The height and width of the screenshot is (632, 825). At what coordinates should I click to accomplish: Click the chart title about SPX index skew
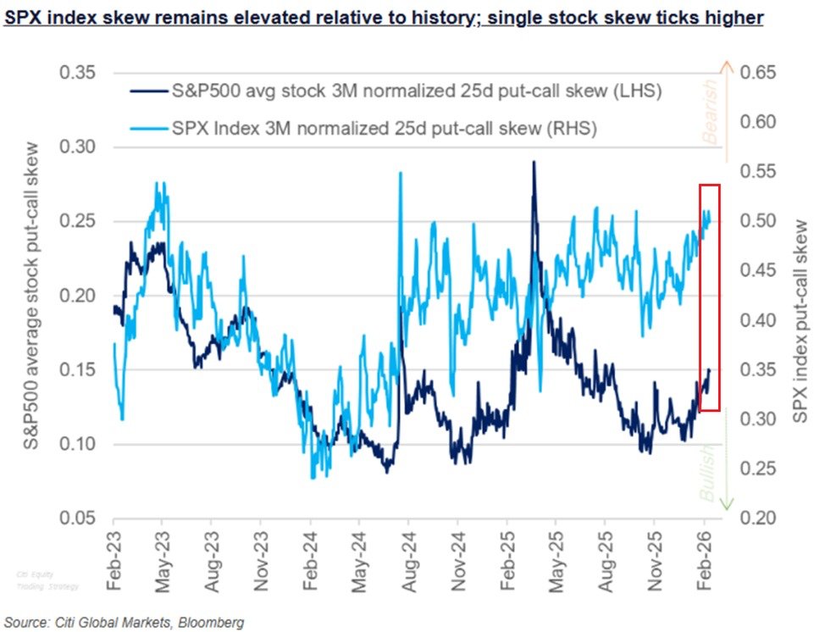[x=384, y=17]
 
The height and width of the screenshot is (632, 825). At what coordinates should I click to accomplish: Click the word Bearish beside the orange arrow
[x=709, y=109]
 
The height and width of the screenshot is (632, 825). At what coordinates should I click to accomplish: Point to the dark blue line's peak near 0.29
[x=534, y=162]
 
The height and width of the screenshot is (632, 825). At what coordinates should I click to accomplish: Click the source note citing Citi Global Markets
[x=124, y=623]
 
